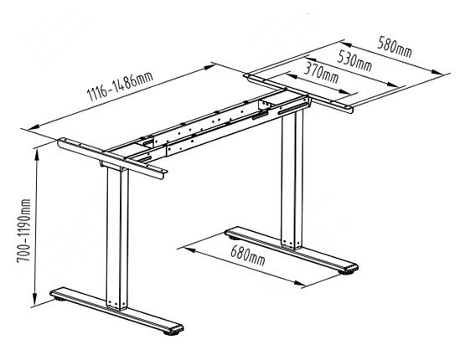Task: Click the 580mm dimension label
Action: [x=395, y=47]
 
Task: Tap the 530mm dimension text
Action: [x=354, y=61]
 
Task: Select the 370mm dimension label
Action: [x=321, y=73]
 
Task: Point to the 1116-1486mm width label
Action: [x=120, y=84]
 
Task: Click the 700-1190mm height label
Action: [x=23, y=231]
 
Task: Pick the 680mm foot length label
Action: [x=248, y=255]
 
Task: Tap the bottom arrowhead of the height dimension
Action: [x=35, y=300]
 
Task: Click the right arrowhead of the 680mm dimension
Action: [x=299, y=283]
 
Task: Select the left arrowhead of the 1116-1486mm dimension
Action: [x=34, y=127]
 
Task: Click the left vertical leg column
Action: [x=117, y=238]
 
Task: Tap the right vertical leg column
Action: [x=292, y=180]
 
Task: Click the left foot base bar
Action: [x=116, y=311]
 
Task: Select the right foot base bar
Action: [x=292, y=250]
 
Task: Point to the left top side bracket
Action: [x=112, y=158]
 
